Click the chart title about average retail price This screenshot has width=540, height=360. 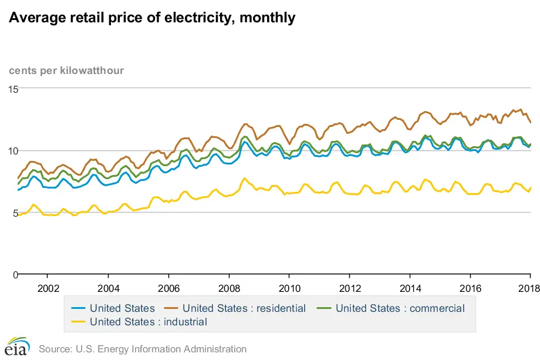tap(151, 18)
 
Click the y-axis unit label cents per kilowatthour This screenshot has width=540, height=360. tap(66, 71)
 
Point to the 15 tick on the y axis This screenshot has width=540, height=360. tap(14, 89)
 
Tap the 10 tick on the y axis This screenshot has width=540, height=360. tap(14, 151)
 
